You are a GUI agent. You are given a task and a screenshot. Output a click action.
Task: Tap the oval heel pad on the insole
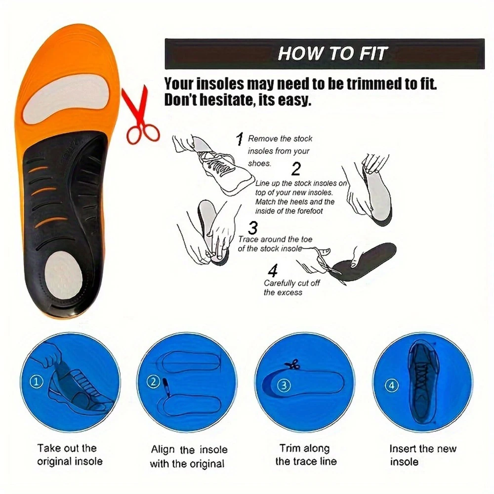coord(64,275)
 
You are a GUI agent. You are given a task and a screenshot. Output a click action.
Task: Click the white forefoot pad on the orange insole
coord(66,98)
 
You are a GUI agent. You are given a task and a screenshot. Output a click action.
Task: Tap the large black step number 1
coord(240,139)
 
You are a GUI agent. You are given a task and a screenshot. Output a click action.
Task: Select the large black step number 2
coord(296,168)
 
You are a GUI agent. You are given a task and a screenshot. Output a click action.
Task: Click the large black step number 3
coord(253,227)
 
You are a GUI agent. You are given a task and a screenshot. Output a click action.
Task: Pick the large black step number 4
coord(273,270)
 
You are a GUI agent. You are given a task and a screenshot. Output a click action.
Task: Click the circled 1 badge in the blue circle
coord(36,382)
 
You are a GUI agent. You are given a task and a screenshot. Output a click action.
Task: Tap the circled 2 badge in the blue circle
coord(153,382)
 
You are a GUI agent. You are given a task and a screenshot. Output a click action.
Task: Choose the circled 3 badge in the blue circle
coord(284,385)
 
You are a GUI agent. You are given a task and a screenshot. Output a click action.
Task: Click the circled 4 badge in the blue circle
coord(392,385)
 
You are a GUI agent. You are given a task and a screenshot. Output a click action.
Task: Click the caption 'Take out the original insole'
coord(70,454)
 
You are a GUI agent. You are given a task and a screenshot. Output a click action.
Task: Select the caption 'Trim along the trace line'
coord(306,454)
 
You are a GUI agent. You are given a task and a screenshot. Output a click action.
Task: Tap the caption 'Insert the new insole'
coord(423,455)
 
